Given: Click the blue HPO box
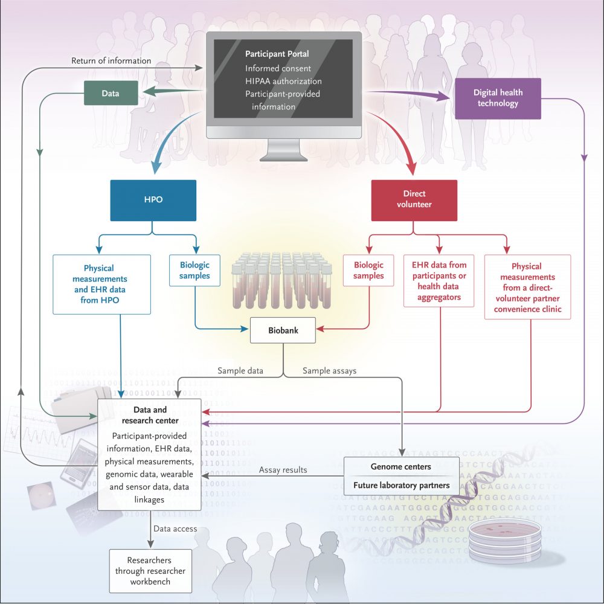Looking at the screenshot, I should pos(153,199).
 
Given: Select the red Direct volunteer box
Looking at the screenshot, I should pos(414,199).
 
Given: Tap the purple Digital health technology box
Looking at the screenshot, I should pos(498,98).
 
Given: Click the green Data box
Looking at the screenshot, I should pos(110,94).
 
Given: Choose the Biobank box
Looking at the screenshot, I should pos(283,330).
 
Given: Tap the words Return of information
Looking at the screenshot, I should pos(111,61).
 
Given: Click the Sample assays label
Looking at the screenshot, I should pos(329,371).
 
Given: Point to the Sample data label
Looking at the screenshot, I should pos(240,371).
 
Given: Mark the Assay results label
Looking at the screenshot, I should pos(283,469).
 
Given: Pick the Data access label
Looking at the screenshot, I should pos(175,529).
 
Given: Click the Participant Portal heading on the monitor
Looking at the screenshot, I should pos(277,54).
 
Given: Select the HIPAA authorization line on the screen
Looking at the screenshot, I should pos(283,81).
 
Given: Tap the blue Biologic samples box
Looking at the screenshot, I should pos(194,270).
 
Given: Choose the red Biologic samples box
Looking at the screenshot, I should pos(368,270).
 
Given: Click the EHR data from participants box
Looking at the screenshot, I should pos(439,280).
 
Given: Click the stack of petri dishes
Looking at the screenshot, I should pos(500,541).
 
